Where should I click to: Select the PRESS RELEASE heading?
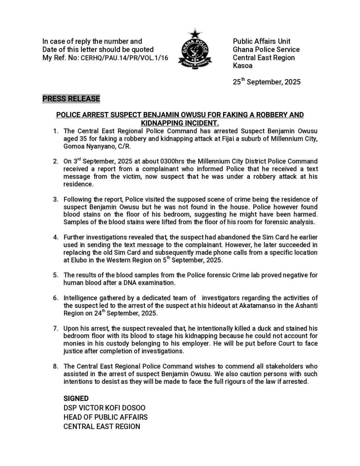(71, 99)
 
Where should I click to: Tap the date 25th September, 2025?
(266, 82)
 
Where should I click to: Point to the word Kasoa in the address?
(242, 66)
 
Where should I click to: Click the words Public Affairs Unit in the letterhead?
(262, 41)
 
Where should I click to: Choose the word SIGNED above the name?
(76, 399)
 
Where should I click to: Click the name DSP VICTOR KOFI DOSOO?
(104, 408)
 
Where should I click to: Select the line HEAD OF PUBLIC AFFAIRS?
(106, 417)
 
